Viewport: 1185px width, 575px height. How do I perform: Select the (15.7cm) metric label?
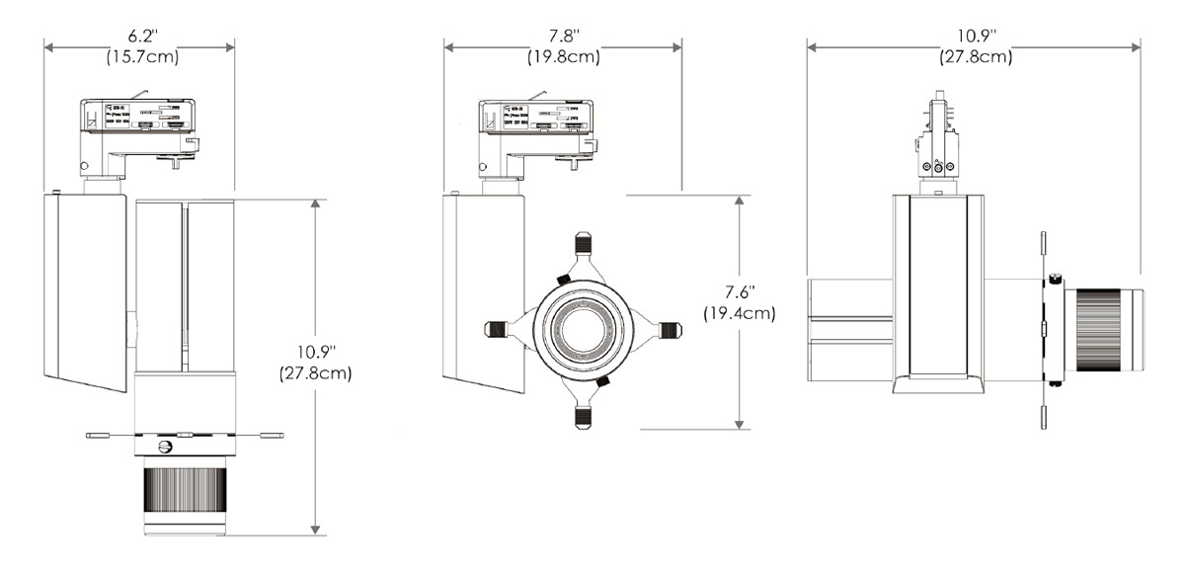tap(141, 56)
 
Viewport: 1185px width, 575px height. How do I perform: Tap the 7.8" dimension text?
tap(563, 37)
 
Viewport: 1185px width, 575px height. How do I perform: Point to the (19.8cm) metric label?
tap(563, 56)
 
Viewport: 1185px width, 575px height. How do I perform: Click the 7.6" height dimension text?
tap(740, 293)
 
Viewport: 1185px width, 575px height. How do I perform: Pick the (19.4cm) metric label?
tap(740, 313)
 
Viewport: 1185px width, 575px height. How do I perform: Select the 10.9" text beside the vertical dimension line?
tap(316, 354)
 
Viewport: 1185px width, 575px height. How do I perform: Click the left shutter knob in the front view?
tap(498, 330)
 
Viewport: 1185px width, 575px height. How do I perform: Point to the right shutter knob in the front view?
tap(671, 330)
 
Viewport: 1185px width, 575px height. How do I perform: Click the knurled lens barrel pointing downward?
tap(186, 493)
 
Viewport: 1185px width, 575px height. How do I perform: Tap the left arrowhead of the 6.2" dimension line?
tap(47, 45)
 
